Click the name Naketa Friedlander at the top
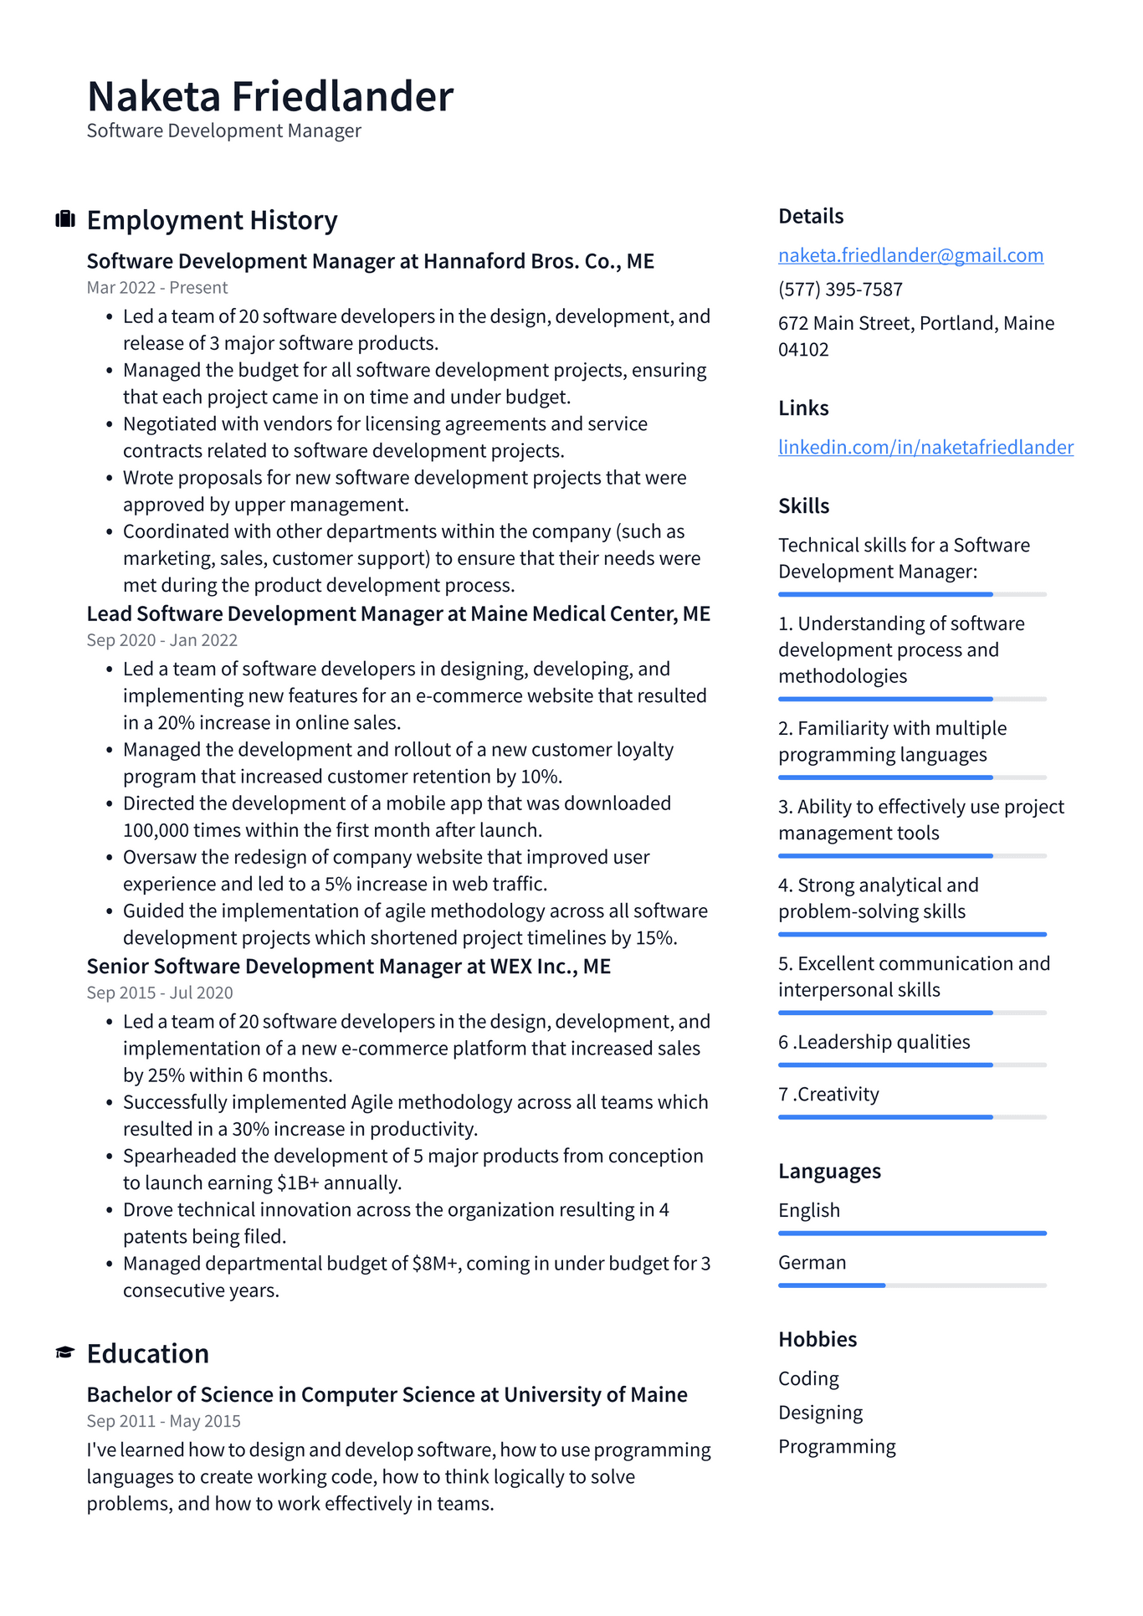[x=269, y=96]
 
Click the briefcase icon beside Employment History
[x=65, y=220]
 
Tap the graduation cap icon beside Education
[x=65, y=1353]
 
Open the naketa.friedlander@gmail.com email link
[x=910, y=255]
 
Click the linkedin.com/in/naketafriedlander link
[x=925, y=447]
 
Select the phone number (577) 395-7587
[x=840, y=290]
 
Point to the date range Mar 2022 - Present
[x=157, y=288]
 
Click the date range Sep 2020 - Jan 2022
[x=162, y=640]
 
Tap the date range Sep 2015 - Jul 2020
[x=160, y=993]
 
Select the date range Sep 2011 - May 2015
[x=164, y=1421]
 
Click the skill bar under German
[x=912, y=1285]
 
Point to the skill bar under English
[x=912, y=1233]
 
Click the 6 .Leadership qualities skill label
[x=874, y=1042]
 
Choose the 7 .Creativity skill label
[x=828, y=1095]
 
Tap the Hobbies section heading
[x=818, y=1339]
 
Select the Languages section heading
[x=829, y=1171]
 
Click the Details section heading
[x=811, y=216]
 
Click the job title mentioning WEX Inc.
[x=349, y=967]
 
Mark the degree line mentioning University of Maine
[x=387, y=1395]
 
